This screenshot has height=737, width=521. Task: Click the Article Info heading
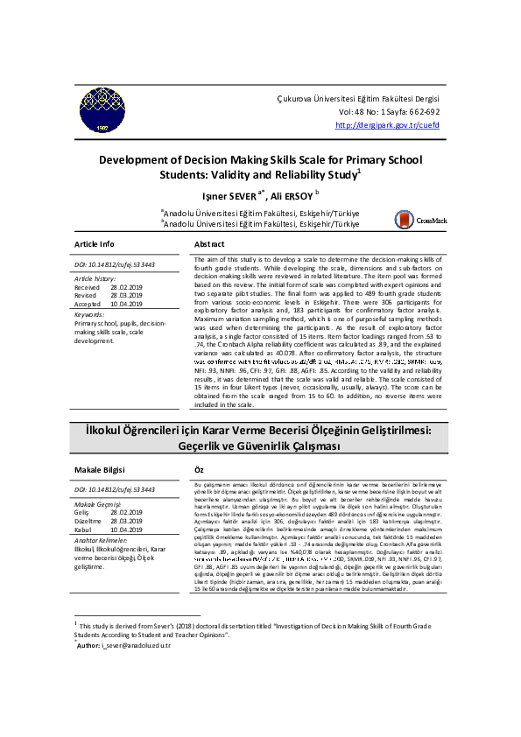pos(95,243)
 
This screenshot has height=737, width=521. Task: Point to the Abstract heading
pos(208,243)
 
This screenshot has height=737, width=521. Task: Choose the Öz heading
pos(199,470)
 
